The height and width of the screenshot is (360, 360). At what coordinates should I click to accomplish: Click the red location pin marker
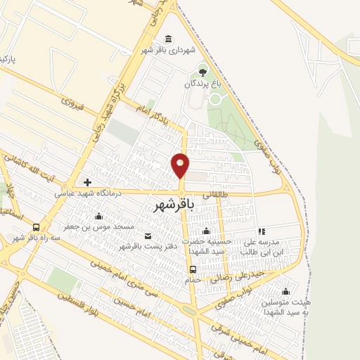(x=181, y=166)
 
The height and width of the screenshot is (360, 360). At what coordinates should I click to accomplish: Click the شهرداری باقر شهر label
(x=166, y=51)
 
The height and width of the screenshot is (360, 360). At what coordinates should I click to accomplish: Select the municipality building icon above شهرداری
(x=167, y=39)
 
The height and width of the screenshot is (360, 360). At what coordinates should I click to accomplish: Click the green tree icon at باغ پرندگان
(x=203, y=71)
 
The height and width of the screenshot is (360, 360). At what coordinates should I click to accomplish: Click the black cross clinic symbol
(x=87, y=182)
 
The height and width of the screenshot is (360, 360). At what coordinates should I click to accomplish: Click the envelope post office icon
(x=147, y=235)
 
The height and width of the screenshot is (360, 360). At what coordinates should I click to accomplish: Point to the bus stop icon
(x=192, y=268)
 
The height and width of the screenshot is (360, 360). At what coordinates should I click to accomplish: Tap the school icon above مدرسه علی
(x=261, y=230)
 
